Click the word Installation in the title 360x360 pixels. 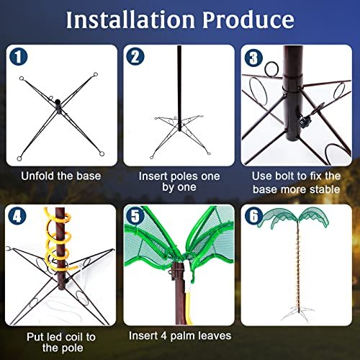pyautogui.click(x=130, y=19)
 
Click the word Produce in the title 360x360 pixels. pyautogui.click(x=248, y=19)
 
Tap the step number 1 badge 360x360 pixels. pyautogui.click(x=18, y=57)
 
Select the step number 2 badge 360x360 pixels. pyautogui.click(x=135, y=57)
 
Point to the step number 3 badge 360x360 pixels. pyautogui.click(x=253, y=58)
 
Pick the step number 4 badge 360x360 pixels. pyautogui.click(x=17, y=217)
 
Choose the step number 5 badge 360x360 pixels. pyautogui.click(x=135, y=215)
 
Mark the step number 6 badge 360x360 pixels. pyautogui.click(x=253, y=216)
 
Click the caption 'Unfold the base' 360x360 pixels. pyautogui.click(x=60, y=176)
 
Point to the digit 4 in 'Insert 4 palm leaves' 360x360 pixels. pyautogui.click(x=163, y=336)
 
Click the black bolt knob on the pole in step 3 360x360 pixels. pyautogui.click(x=305, y=120)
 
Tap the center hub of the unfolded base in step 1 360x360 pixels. pyautogui.click(x=58, y=104)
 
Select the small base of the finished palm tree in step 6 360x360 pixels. pyautogui.click(x=297, y=312)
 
